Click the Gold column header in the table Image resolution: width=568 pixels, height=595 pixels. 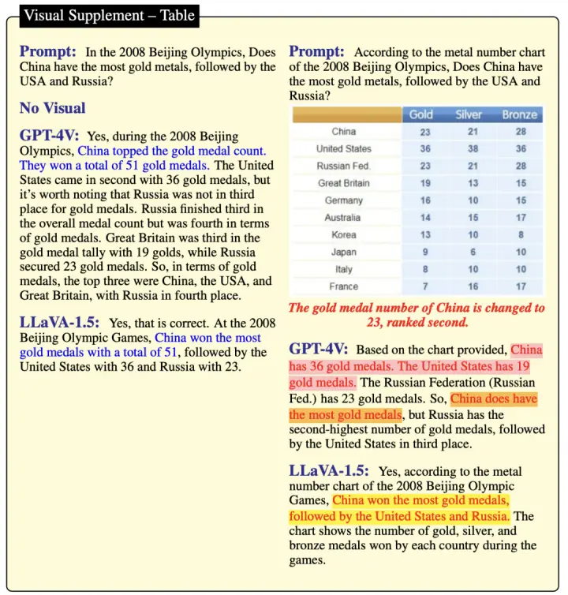point(421,114)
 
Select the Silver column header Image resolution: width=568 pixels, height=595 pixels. point(469,114)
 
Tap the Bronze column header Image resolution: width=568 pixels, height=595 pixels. point(520,114)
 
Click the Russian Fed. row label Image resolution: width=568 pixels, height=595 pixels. point(343,166)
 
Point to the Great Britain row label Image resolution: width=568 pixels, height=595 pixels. point(343,183)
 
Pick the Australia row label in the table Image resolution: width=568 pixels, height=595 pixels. point(343,217)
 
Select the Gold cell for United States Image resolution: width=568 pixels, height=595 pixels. point(425,148)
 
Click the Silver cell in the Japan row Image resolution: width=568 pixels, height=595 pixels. point(473,252)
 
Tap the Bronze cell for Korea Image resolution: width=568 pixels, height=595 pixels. point(521,234)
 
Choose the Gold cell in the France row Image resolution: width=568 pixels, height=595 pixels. point(425,286)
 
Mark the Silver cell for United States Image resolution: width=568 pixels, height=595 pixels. point(473,148)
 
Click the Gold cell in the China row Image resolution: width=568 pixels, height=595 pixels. point(425,132)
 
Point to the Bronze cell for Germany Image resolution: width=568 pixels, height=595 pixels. point(521,200)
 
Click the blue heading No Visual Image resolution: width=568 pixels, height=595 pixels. point(52,108)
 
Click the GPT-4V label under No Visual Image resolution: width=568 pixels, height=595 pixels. point(49,136)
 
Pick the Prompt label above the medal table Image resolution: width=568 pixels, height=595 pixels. point(316,51)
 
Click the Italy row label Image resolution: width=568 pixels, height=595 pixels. point(343,269)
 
